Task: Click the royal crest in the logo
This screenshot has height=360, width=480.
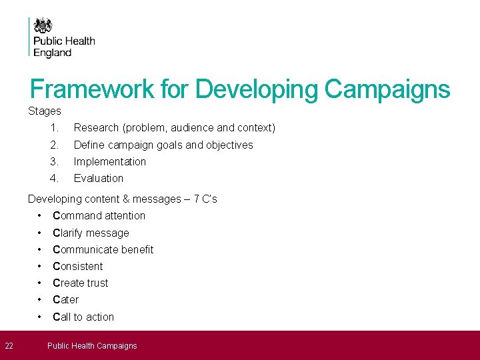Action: [x=43, y=26]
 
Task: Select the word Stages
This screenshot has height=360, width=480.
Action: [x=44, y=111]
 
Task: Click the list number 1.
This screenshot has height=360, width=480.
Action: [x=54, y=127]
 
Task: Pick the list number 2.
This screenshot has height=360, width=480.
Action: [x=54, y=145]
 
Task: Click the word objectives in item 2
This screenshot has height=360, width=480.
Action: [x=229, y=145]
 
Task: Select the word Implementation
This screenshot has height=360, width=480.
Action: [x=109, y=161]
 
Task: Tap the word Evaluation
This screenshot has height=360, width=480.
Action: [x=98, y=178]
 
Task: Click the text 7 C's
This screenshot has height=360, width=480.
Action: [x=205, y=199]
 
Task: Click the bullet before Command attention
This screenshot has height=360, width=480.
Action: [x=41, y=215]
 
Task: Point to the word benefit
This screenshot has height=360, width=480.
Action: [x=135, y=249]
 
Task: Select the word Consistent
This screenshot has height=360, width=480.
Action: [x=77, y=266]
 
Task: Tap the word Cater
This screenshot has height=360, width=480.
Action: [x=65, y=299]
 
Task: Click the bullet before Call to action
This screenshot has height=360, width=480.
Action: [x=41, y=317]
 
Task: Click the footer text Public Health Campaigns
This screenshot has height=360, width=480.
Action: [x=92, y=345]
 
